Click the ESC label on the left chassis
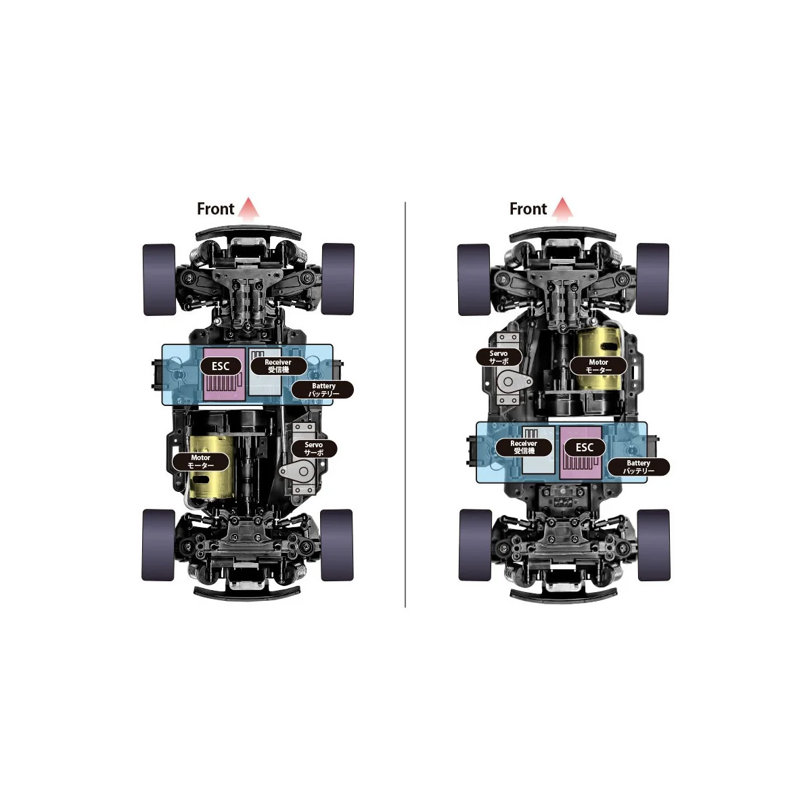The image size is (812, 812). [221, 366]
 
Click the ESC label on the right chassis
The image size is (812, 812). [585, 447]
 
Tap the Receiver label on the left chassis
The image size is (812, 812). [278, 366]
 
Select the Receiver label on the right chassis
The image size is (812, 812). [524, 447]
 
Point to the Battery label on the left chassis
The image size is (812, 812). [323, 390]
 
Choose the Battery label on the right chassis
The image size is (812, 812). [638, 467]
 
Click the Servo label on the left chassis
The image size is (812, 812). [313, 449]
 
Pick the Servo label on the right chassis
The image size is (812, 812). [499, 357]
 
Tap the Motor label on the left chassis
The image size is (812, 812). [200, 461]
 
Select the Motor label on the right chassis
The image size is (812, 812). [598, 366]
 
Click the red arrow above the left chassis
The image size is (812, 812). [249, 208]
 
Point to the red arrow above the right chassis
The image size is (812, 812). [562, 208]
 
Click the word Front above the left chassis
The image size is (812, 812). [215, 209]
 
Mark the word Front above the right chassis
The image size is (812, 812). [528, 209]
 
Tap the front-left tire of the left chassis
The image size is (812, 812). [159, 279]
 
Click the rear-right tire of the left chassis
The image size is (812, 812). [336, 545]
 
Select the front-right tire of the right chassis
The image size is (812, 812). [652, 279]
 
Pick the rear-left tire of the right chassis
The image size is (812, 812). [475, 545]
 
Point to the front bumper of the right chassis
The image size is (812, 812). [562, 234]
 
